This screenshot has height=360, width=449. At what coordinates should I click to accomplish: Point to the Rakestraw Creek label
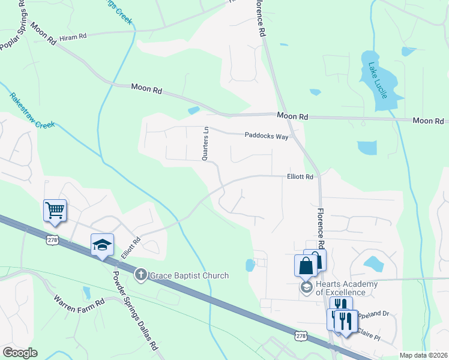click(x=32, y=110)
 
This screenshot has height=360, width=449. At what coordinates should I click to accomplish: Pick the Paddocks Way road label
click(x=267, y=136)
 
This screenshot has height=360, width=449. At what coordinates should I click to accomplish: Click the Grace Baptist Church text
click(x=190, y=275)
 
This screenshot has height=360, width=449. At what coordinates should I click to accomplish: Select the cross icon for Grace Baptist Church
click(x=141, y=275)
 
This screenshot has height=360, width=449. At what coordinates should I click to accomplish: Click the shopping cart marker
click(x=55, y=211)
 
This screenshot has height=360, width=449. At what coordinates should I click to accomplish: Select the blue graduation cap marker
click(x=101, y=244)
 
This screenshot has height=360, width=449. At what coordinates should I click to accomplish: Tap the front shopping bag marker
click(x=305, y=265)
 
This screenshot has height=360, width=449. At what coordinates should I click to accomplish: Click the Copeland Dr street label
click(x=372, y=314)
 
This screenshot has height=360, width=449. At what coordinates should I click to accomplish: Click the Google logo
click(x=20, y=353)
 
